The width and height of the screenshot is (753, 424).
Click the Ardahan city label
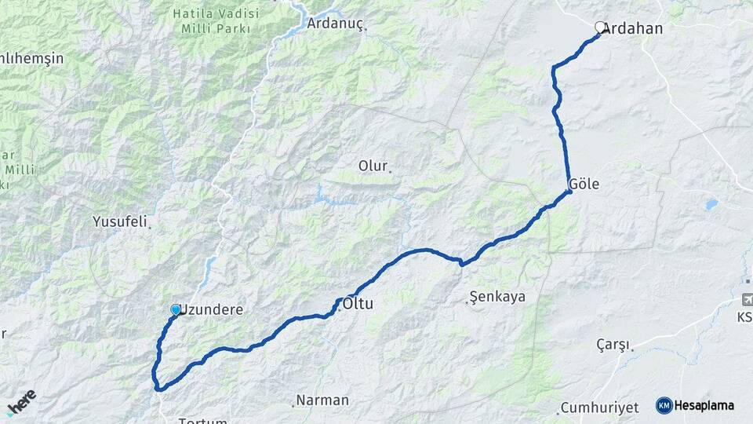[x=634, y=29]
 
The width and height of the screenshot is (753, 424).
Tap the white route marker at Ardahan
[x=601, y=27]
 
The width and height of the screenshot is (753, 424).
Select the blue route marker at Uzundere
[x=176, y=310]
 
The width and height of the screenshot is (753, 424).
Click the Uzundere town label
[x=213, y=310]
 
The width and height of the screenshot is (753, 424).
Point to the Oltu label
[x=358, y=300]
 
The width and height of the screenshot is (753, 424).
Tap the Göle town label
[x=585, y=184]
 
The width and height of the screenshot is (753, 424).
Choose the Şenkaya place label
[x=497, y=297]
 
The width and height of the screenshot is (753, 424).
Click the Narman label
[x=323, y=400]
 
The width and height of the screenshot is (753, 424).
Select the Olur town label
[x=373, y=166]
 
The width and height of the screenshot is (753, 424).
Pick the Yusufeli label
[x=120, y=221]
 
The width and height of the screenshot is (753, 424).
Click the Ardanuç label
[x=335, y=23]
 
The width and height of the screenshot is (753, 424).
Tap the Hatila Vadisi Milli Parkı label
[x=212, y=21]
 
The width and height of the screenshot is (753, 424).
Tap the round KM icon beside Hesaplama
[x=664, y=405]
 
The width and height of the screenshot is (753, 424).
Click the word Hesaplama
[x=704, y=405]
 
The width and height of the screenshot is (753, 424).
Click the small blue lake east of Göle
[x=711, y=204]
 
